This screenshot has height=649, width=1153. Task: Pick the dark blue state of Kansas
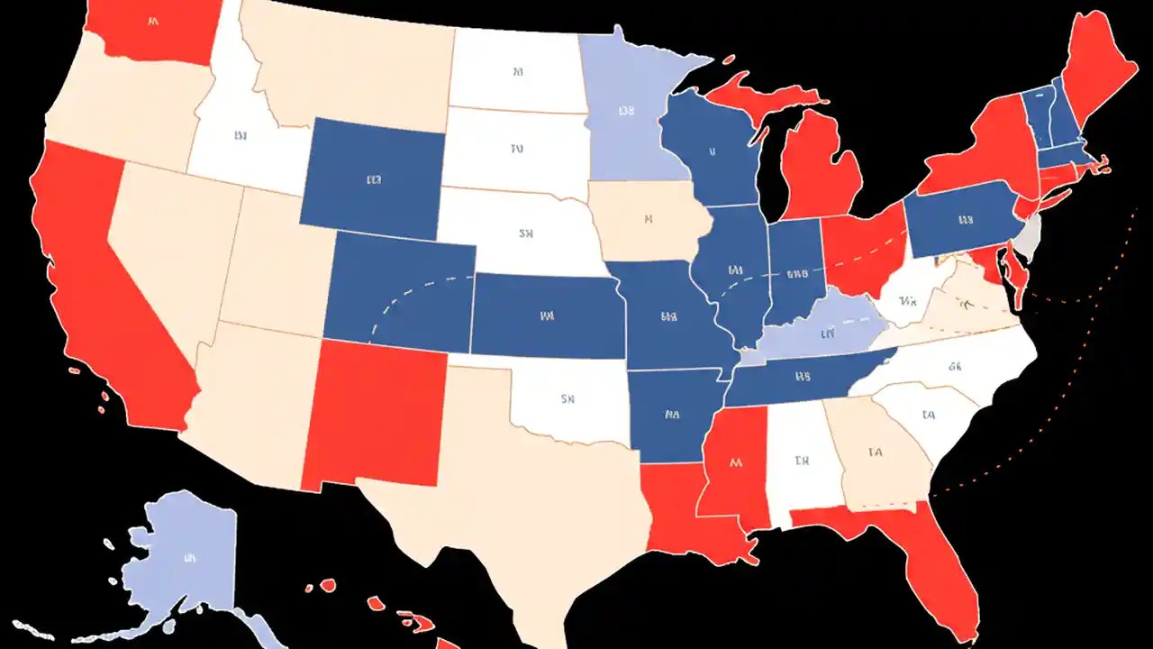coord(545,315)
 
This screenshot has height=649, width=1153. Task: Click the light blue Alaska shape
coord(185,559)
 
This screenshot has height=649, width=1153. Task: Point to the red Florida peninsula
coord(937,559)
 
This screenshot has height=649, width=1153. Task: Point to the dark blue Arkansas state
coord(671,415)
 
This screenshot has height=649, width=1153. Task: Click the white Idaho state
coord(239,135)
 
